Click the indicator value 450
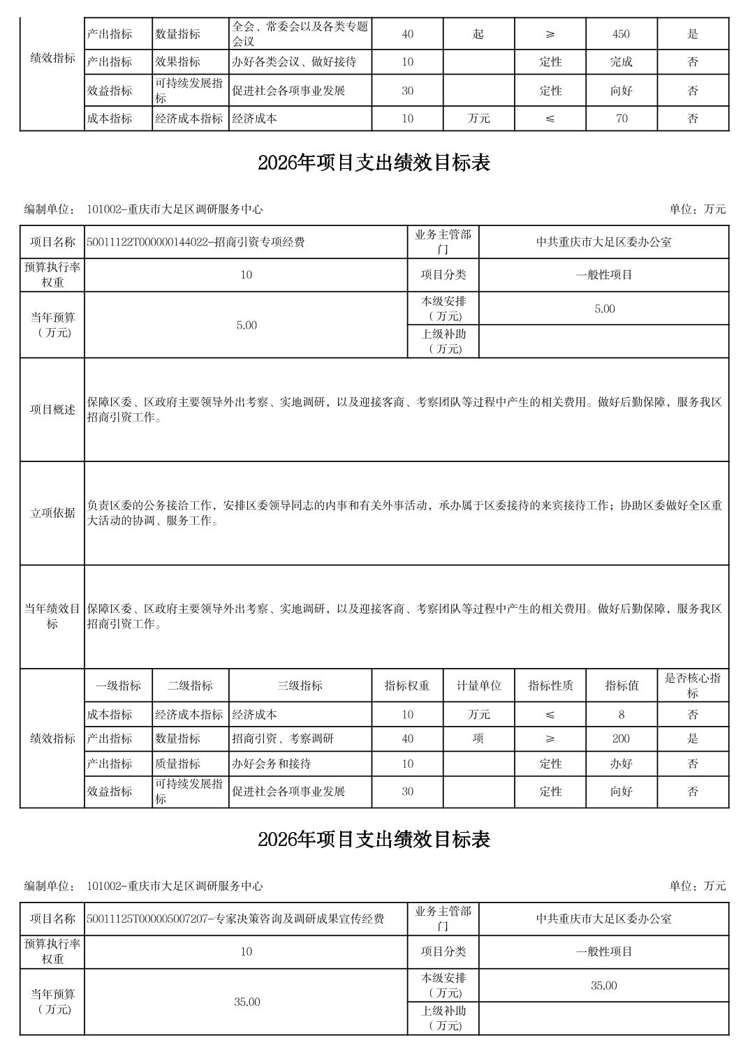pos(621,34)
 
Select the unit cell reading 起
pos(478,34)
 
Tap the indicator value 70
pos(621,119)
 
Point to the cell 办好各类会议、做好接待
pos(294,62)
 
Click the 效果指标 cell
pos(177,62)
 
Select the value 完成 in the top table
pos(621,62)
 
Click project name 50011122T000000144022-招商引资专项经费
pos(196,243)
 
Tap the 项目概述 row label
pos(52,410)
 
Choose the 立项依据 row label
pos(52,513)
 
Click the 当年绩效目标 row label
pos(52,616)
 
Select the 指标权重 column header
pos(407,685)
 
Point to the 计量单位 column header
pos(478,685)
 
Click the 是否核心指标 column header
pos(692,685)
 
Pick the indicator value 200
pos(621,739)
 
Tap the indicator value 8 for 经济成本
pos(621,715)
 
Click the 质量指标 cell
pos(177,764)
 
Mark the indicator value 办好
pos(621,764)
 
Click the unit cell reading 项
pos(478,739)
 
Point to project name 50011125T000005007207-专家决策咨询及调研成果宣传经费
pos(235,919)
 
